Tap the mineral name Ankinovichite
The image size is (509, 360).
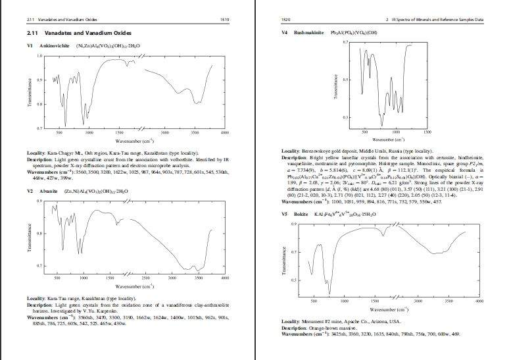54,47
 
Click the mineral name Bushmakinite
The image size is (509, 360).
308,32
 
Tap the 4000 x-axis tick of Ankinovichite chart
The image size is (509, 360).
225,133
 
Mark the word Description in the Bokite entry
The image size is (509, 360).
295,328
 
